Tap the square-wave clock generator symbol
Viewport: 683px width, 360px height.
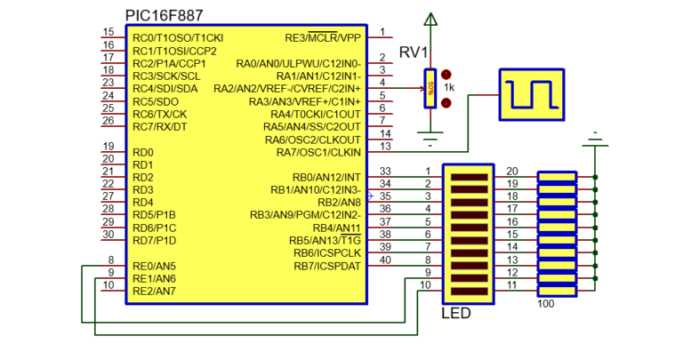[531, 93]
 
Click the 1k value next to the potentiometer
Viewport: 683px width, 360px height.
[449, 88]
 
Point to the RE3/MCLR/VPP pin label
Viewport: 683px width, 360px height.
[323, 38]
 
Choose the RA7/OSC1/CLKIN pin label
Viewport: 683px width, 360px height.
[319, 152]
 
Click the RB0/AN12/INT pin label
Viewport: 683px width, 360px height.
[326, 177]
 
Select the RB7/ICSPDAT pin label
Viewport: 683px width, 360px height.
[327, 265]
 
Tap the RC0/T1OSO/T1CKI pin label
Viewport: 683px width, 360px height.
[178, 38]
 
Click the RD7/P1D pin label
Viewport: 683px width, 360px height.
[155, 240]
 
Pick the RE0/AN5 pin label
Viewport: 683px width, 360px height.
[154, 266]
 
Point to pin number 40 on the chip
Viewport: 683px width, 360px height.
[384, 260]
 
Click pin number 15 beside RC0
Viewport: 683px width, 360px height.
[108, 32]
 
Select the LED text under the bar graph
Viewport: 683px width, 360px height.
[455, 314]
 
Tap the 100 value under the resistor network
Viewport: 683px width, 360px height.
[548, 305]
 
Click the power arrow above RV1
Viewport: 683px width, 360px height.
[430, 19]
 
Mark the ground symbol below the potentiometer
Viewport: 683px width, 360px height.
[430, 139]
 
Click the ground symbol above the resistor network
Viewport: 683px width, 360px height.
[594, 137]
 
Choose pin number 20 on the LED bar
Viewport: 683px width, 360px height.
[511, 171]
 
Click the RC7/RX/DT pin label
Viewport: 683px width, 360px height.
[160, 126]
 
